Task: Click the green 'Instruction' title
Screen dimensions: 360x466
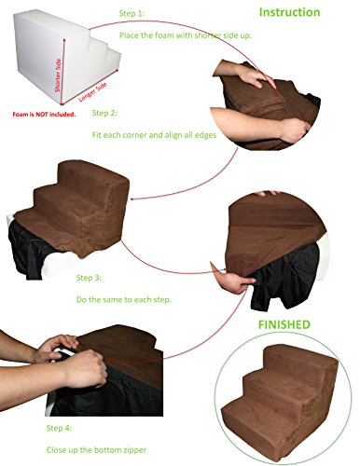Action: pyautogui.click(x=289, y=12)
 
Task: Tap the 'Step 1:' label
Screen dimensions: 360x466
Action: pyautogui.click(x=132, y=14)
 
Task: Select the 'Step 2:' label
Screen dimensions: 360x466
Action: pyautogui.click(x=104, y=113)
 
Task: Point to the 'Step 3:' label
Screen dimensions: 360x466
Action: pyautogui.click(x=89, y=278)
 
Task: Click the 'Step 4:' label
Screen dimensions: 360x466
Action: pyautogui.click(x=59, y=428)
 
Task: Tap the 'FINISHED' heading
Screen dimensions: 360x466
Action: pyautogui.click(x=284, y=324)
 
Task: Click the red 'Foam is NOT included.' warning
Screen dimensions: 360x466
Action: pyautogui.click(x=44, y=115)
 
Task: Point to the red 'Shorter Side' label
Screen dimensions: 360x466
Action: pyautogui.click(x=58, y=75)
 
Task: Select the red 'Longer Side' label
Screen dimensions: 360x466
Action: pyautogui.click(x=92, y=91)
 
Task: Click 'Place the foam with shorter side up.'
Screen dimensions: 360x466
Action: pyautogui.click(x=186, y=35)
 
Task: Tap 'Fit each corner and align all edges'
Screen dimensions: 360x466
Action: pyautogui.click(x=154, y=135)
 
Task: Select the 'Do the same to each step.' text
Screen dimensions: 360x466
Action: pyautogui.click(x=124, y=300)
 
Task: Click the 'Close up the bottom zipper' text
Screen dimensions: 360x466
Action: pyautogui.click(x=96, y=450)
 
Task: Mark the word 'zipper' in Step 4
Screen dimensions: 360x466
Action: pyautogui.click(x=135, y=450)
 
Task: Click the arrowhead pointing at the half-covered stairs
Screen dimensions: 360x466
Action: pyautogui.click(x=132, y=199)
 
